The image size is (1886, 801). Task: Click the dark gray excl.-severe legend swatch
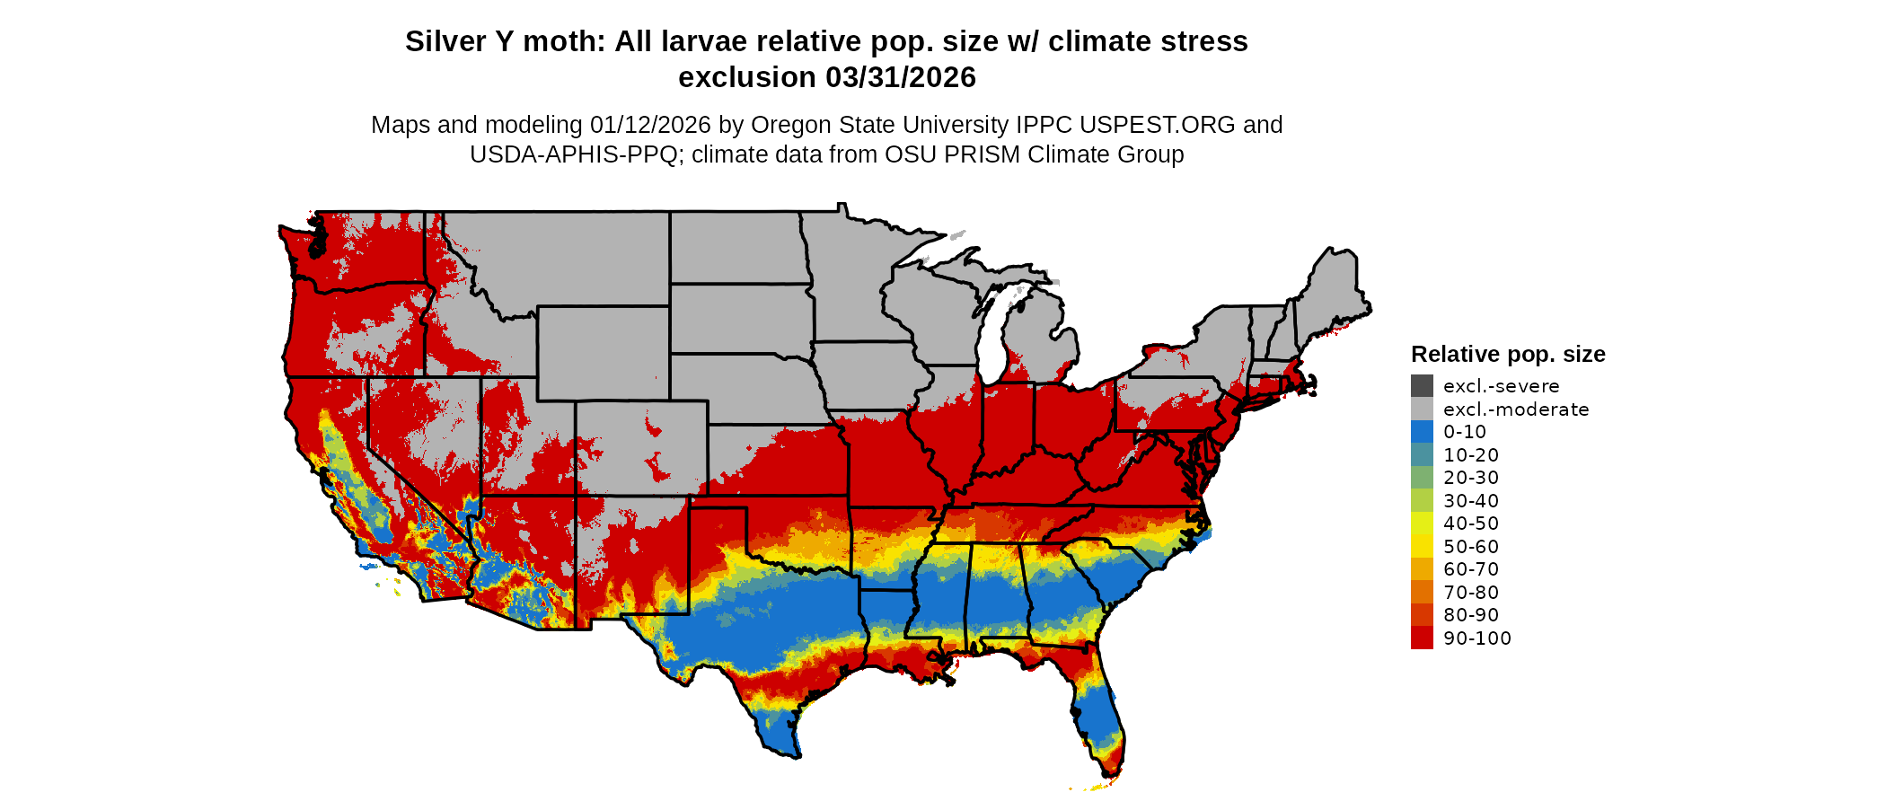(x=1422, y=386)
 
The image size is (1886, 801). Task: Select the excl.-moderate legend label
(x=1516, y=409)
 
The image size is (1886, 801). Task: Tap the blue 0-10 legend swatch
(x=1422, y=432)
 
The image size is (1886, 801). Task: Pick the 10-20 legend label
(x=1471, y=455)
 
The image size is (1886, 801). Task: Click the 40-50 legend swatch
(x=1422, y=524)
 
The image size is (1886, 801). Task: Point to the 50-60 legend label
(x=1471, y=547)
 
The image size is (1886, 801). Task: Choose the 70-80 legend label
(x=1471, y=593)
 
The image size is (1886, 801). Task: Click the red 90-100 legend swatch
(x=1422, y=638)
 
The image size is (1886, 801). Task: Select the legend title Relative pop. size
(x=1508, y=355)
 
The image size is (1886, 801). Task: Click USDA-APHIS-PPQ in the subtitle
(x=574, y=154)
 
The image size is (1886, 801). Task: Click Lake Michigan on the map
(x=991, y=341)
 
